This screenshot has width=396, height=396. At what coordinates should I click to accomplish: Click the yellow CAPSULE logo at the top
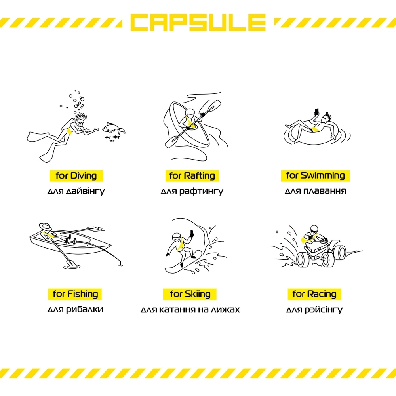198,22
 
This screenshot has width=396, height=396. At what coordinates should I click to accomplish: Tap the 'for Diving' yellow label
76,176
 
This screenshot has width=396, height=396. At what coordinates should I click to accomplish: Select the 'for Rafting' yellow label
192,176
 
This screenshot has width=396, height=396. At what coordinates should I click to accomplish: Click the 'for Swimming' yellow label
316,175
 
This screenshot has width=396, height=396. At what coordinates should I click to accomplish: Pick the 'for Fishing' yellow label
75,294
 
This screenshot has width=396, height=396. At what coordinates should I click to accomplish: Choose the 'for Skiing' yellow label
190,294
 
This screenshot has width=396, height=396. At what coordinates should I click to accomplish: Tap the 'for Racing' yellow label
314,294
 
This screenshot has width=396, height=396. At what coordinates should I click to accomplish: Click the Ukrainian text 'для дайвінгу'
76,191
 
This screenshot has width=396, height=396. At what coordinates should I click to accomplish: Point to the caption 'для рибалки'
75,309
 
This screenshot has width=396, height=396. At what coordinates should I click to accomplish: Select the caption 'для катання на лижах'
190,309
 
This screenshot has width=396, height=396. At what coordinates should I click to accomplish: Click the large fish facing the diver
113,128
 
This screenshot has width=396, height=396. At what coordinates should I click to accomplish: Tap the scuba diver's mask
80,124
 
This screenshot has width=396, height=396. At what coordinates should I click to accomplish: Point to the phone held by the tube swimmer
317,111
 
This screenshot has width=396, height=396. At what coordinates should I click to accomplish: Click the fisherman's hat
45,227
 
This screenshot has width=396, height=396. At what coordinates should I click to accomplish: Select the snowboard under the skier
183,262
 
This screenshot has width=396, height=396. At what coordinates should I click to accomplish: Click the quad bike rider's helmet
314,230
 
